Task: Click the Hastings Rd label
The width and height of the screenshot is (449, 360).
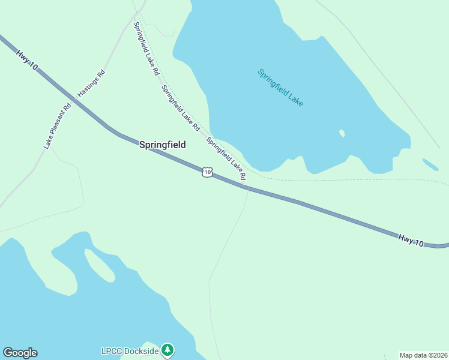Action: point(91,83)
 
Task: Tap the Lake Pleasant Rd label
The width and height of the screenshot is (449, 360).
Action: point(57,126)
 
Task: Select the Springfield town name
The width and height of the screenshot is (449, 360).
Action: point(162,145)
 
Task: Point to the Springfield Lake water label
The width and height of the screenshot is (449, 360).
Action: point(280,88)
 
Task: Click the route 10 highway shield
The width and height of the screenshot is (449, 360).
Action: point(207,172)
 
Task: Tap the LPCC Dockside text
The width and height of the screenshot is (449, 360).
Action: point(129,350)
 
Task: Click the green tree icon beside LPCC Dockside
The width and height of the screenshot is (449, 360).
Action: point(168,349)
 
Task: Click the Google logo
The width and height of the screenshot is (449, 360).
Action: point(20,353)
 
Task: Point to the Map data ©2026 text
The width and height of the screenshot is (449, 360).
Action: point(423,355)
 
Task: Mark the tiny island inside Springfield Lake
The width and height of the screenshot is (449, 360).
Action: point(342,133)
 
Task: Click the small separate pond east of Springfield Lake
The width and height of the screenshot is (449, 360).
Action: point(430,164)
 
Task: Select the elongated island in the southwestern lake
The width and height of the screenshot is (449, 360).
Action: point(99,265)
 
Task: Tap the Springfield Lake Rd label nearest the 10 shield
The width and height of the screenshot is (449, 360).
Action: point(226,159)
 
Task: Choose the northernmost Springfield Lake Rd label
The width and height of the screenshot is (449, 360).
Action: point(146,48)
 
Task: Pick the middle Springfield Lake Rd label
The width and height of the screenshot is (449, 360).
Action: point(180,108)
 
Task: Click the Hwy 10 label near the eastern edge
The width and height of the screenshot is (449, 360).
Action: point(411,239)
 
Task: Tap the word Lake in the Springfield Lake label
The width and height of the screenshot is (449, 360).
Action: point(295,99)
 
